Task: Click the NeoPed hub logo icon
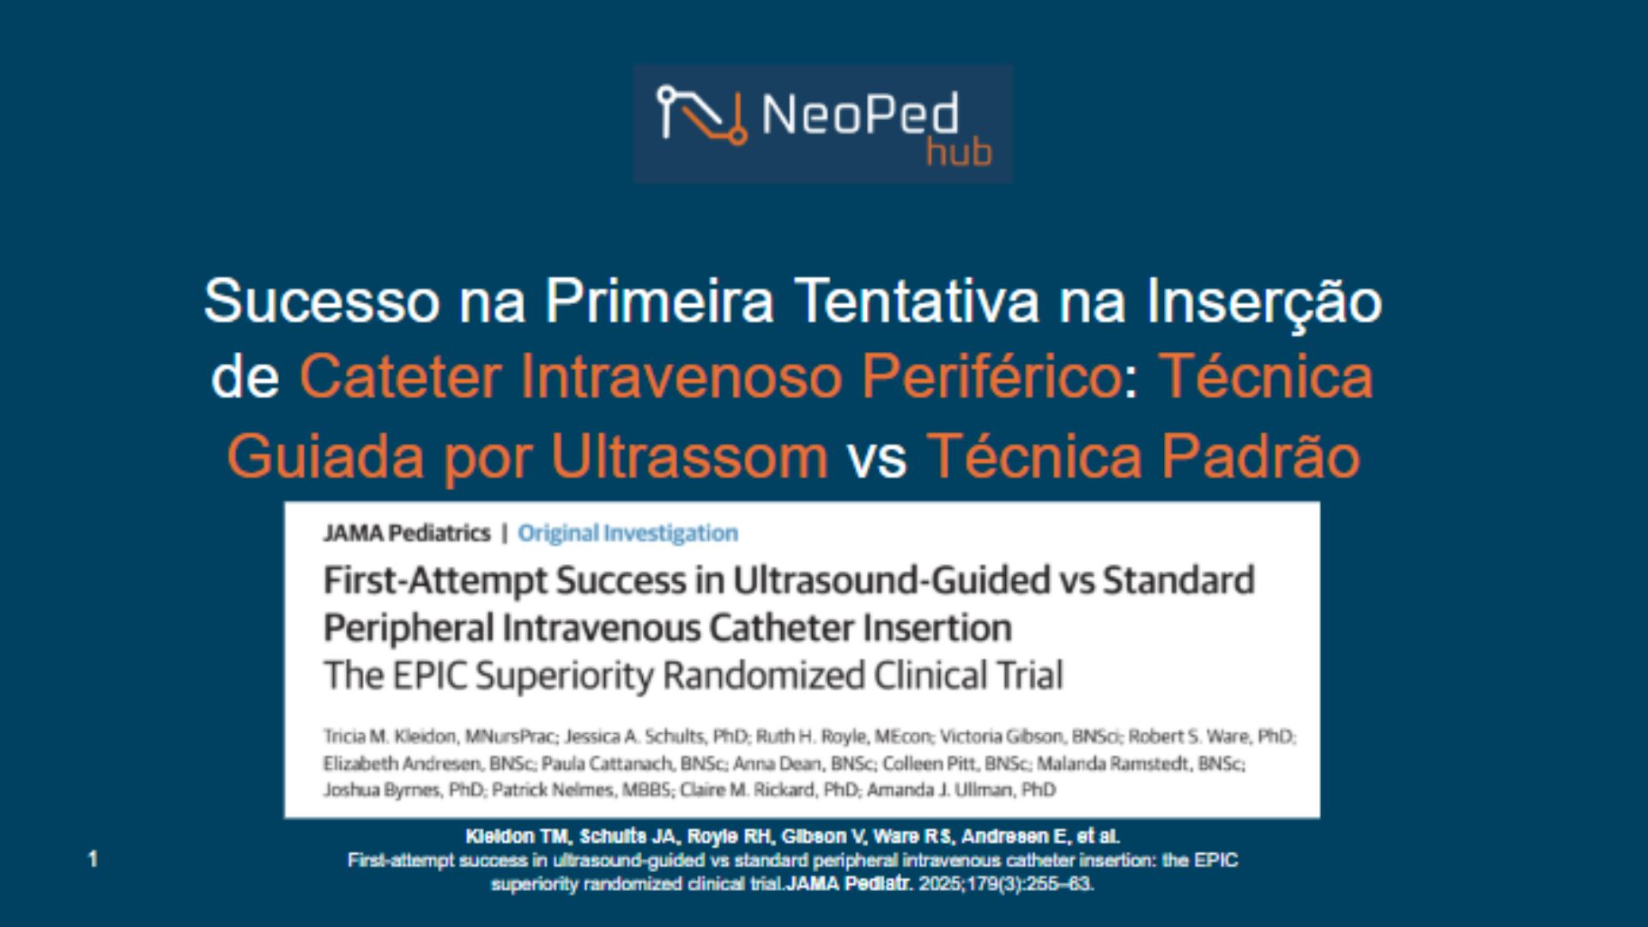(x=701, y=114)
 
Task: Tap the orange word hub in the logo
(x=959, y=154)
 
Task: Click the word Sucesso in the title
(x=321, y=301)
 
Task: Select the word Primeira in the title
(x=659, y=301)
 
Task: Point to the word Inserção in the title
(x=1264, y=301)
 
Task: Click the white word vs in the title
(x=877, y=457)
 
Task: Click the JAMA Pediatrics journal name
(x=407, y=533)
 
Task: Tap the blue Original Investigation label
(x=627, y=533)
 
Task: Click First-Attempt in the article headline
(x=435, y=581)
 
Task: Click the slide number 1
(x=93, y=858)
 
